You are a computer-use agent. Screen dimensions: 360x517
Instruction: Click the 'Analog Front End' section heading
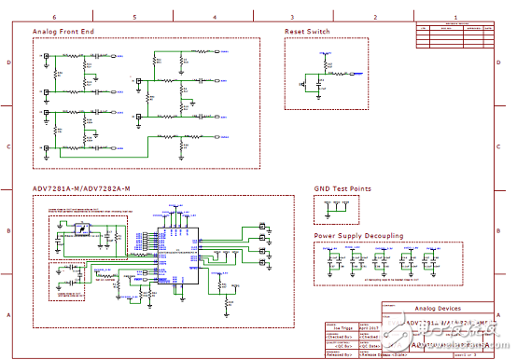point(62,32)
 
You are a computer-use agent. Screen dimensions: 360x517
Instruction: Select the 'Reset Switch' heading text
point(307,32)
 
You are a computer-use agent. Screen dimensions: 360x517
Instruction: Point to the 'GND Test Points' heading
point(342,188)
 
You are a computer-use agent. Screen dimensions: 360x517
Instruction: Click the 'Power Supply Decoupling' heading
point(358,236)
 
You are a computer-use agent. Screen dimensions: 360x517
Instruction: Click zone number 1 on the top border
point(454,18)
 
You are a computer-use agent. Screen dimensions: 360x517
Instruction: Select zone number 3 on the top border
point(292,18)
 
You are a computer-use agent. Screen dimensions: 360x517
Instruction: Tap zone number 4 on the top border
point(214,18)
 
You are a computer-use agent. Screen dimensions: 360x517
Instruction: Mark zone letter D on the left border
point(9,62)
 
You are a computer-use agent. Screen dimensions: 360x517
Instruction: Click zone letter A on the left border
point(9,315)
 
